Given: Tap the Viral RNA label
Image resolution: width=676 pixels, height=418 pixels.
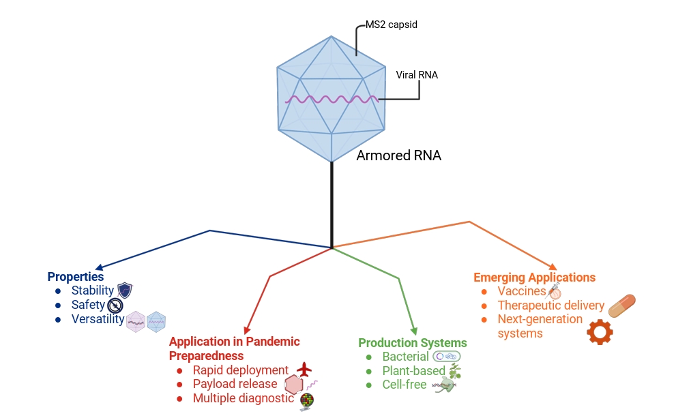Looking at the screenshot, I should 417,75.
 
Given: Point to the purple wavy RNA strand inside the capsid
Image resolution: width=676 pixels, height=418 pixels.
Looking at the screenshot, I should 332,100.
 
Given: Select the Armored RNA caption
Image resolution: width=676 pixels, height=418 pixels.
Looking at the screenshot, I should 398,155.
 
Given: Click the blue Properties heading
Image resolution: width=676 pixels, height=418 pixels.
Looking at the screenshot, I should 76,277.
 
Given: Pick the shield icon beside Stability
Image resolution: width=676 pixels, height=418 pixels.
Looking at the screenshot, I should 125,290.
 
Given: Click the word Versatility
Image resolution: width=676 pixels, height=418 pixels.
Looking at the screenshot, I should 98,319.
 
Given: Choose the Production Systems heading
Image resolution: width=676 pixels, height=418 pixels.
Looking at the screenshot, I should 413,343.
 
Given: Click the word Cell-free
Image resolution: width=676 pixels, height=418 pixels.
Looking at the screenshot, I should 405,385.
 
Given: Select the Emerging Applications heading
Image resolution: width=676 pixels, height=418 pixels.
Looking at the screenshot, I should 534,278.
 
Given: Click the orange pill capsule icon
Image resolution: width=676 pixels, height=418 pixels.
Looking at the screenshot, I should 621,305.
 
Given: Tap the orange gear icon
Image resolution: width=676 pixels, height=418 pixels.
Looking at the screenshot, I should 600,331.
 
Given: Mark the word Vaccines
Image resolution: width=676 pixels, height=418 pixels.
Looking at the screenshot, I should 522,291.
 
